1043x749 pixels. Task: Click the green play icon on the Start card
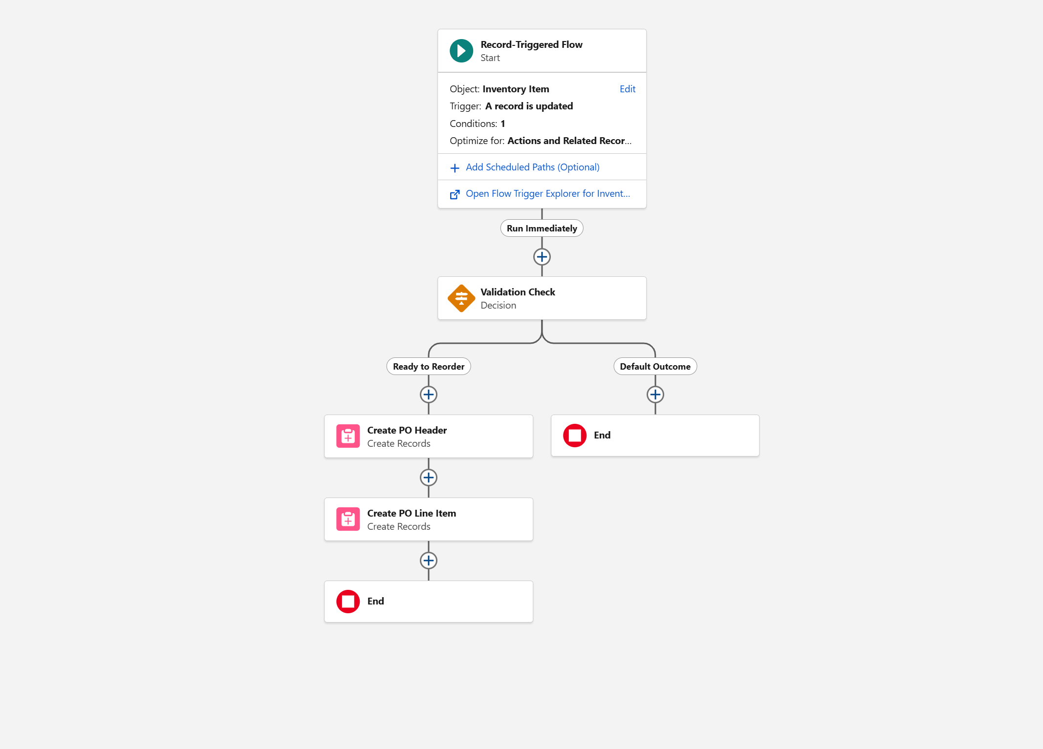point(461,51)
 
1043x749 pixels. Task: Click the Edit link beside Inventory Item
point(628,89)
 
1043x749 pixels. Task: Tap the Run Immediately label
point(542,228)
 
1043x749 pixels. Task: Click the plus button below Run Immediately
point(542,257)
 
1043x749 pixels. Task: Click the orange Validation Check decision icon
point(461,298)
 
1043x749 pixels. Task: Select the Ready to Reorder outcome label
point(429,366)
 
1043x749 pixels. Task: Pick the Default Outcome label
point(655,366)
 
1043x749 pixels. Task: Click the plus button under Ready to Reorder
point(429,395)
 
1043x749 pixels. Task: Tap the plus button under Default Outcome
point(655,395)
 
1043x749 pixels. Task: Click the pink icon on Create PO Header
point(348,436)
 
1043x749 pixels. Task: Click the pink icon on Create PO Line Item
point(348,519)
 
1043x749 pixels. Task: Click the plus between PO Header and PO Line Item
point(429,478)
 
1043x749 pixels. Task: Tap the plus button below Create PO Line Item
point(429,561)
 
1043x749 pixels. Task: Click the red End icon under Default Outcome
point(575,436)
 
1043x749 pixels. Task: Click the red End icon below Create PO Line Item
point(348,602)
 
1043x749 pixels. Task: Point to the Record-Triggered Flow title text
point(531,44)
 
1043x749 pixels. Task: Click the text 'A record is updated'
point(529,106)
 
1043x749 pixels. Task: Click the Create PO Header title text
point(407,430)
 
